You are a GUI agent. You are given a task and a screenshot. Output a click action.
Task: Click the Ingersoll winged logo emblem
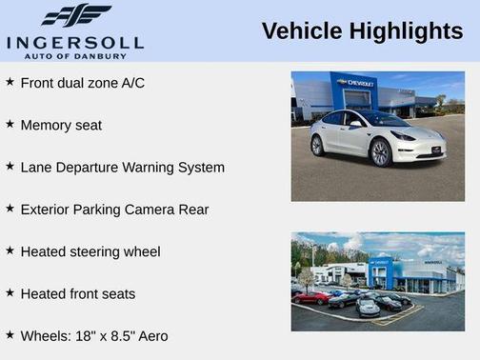pyautogui.click(x=76, y=15)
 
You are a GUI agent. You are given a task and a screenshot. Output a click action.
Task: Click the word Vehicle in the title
pyautogui.click(x=299, y=31)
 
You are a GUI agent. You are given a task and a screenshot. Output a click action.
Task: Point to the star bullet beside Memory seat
pyautogui.click(x=10, y=124)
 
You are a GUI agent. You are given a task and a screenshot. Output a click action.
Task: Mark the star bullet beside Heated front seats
pyautogui.click(x=10, y=293)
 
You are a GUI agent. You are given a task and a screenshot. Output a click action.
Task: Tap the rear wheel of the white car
pyautogui.click(x=318, y=145)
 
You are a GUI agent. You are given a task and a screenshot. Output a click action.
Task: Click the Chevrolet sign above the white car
pyautogui.click(x=356, y=84)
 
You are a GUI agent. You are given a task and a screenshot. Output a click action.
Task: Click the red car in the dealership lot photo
pyautogui.click(x=310, y=297)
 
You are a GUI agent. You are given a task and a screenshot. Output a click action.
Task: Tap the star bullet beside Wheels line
pyautogui.click(x=10, y=335)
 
